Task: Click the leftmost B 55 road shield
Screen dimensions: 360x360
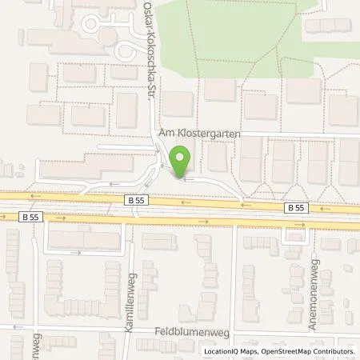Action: [x=30, y=215]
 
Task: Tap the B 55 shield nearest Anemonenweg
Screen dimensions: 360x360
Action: [x=295, y=206]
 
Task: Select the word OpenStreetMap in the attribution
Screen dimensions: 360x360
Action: [x=287, y=351]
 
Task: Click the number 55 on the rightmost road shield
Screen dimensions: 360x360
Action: [x=299, y=206]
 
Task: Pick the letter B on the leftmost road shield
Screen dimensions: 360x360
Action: [x=25, y=215]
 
